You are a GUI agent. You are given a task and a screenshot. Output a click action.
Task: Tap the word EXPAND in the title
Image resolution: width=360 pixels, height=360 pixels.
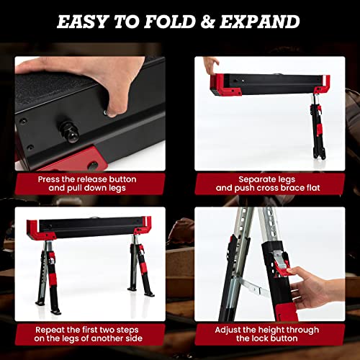pos(256,21)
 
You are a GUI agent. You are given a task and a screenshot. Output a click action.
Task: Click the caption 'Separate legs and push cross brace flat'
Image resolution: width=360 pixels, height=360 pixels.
pos(269,184)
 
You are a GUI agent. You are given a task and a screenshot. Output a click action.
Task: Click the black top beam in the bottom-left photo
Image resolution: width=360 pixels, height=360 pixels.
pos(94,228)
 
